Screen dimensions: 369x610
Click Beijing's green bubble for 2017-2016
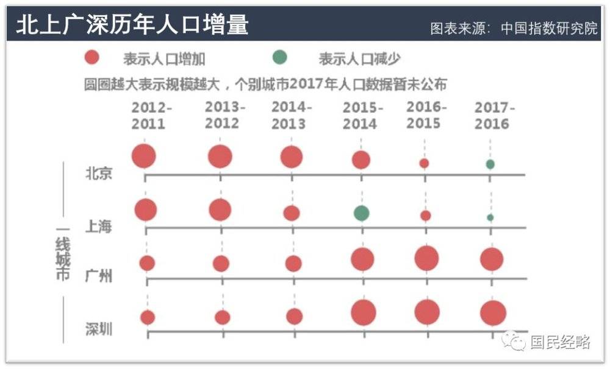(490, 164)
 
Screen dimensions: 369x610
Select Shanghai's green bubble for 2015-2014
(361, 213)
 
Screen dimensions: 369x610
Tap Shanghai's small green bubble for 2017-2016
(490, 217)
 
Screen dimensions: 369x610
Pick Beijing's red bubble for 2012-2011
(144, 156)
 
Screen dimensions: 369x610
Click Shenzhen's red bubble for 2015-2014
(363, 313)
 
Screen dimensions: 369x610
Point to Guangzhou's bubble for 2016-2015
(426, 258)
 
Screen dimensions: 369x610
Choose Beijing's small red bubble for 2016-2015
(424, 163)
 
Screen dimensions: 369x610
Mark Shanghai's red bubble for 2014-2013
(292, 213)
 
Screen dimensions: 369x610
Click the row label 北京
(98, 173)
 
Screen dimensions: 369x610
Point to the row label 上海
(98, 227)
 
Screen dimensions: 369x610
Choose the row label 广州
(98, 276)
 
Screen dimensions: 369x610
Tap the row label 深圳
(98, 329)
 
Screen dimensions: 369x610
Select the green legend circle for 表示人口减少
(279, 58)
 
